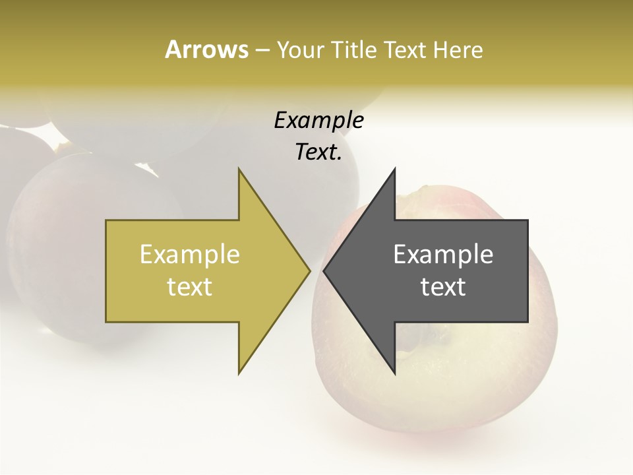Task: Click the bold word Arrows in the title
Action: pyautogui.click(x=206, y=49)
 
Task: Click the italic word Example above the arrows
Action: pyautogui.click(x=318, y=121)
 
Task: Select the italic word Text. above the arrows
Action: pyautogui.click(x=318, y=152)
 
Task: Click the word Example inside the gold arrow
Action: pyautogui.click(x=190, y=255)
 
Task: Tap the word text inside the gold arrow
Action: pyautogui.click(x=190, y=287)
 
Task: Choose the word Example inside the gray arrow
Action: pyautogui.click(x=443, y=255)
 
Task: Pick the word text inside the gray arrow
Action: pyautogui.click(x=443, y=287)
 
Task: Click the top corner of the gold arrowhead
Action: pyautogui.click(x=239, y=170)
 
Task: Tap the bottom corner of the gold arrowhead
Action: pyautogui.click(x=239, y=372)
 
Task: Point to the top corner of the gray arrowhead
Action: pyautogui.click(x=394, y=170)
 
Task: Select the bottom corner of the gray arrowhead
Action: pyautogui.click(x=394, y=372)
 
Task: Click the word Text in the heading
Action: pyautogui.click(x=404, y=49)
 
